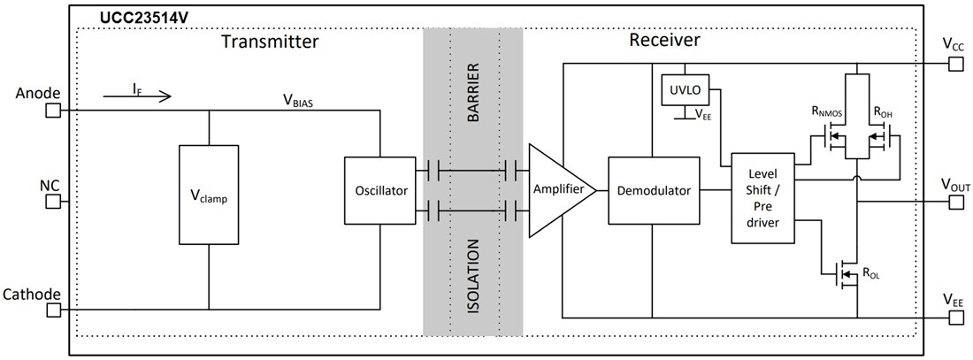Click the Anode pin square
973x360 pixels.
(54, 111)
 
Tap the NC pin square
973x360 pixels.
(54, 202)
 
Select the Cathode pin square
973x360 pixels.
(54, 310)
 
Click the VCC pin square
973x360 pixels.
(955, 64)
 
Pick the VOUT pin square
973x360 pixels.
(955, 202)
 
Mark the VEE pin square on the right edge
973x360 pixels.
(955, 317)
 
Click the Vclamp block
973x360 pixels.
(208, 195)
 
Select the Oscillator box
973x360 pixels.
(379, 190)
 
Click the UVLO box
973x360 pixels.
(680, 89)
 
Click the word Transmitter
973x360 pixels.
(270, 42)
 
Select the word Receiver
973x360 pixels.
(664, 41)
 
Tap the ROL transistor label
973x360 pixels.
(870, 275)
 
